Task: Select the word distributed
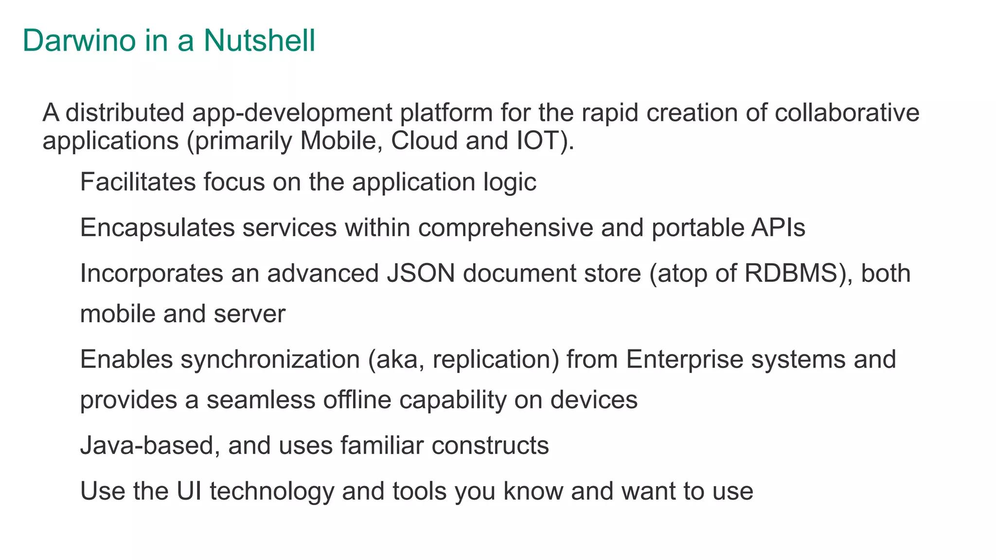[125, 113]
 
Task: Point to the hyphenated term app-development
[292, 113]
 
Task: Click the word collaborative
[847, 113]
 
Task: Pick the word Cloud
[424, 141]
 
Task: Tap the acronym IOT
[536, 141]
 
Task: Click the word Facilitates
[138, 182]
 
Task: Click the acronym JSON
[421, 273]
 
